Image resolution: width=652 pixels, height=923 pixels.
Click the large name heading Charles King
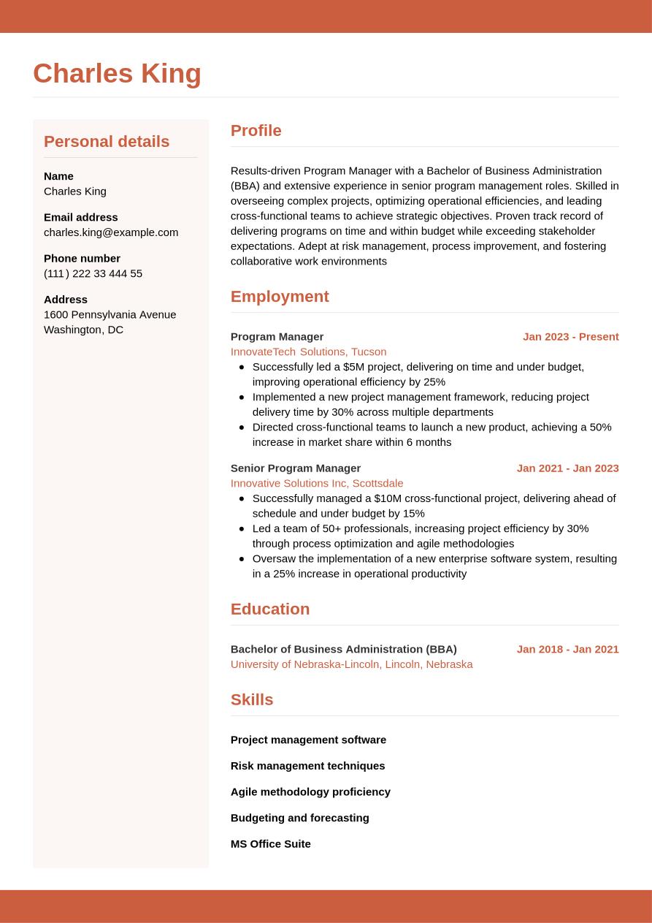click(x=117, y=74)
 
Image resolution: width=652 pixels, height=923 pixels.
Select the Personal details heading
click(x=107, y=141)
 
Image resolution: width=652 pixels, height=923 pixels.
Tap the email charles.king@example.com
click(x=111, y=232)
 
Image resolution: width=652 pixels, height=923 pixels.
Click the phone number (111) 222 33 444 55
click(x=93, y=273)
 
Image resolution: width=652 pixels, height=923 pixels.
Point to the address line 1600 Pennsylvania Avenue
click(x=110, y=314)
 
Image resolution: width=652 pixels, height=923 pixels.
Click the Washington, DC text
click(x=83, y=330)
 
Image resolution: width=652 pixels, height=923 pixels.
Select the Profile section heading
click(x=256, y=131)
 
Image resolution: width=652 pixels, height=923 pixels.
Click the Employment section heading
click(x=280, y=297)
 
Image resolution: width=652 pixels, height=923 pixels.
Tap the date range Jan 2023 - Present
click(x=570, y=337)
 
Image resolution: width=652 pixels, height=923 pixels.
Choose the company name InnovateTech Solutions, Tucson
click(x=308, y=352)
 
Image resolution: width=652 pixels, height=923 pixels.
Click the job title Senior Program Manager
click(x=296, y=468)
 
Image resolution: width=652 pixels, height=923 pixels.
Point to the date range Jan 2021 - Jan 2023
click(x=567, y=468)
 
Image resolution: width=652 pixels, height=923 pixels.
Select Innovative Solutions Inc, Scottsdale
click(x=317, y=483)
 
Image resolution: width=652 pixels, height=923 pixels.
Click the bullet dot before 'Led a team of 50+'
click(x=242, y=528)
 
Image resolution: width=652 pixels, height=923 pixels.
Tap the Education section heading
click(x=270, y=609)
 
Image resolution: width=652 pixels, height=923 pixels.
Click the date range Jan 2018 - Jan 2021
click(x=567, y=649)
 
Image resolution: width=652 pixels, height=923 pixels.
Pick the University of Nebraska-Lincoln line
click(x=351, y=664)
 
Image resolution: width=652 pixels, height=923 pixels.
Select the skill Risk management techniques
click(x=307, y=766)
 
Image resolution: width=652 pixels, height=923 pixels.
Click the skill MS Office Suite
click(x=271, y=844)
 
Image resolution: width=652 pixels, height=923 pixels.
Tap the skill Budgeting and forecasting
click(x=299, y=818)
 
